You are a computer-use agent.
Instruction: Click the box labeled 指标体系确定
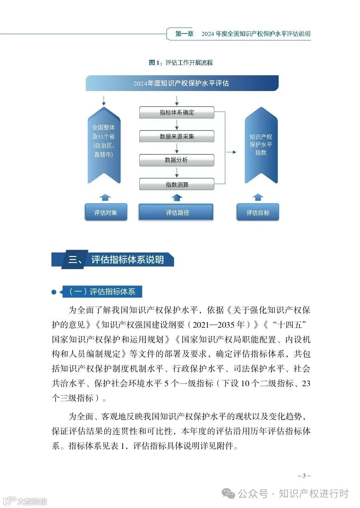[176, 112]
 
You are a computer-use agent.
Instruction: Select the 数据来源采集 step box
[176, 137]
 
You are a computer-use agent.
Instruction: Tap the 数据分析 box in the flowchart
[176, 160]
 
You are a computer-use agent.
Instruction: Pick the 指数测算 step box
[176, 184]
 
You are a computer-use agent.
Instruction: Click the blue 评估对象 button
[106, 212]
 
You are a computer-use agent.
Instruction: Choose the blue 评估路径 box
[176, 212]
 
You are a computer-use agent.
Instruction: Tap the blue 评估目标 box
[258, 212]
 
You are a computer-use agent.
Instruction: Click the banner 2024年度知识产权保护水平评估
[182, 83]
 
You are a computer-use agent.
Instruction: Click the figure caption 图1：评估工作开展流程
[181, 63]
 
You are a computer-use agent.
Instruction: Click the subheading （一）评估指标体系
[102, 291]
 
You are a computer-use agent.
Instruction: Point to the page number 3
[304, 476]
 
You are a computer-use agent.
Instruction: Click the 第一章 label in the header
[184, 34]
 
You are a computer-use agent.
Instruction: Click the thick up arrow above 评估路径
[177, 198]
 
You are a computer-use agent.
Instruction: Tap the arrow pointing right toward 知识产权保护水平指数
[231, 152]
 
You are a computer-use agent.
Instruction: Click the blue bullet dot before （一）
[54, 292]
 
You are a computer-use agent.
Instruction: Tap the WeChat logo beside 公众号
[229, 494]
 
